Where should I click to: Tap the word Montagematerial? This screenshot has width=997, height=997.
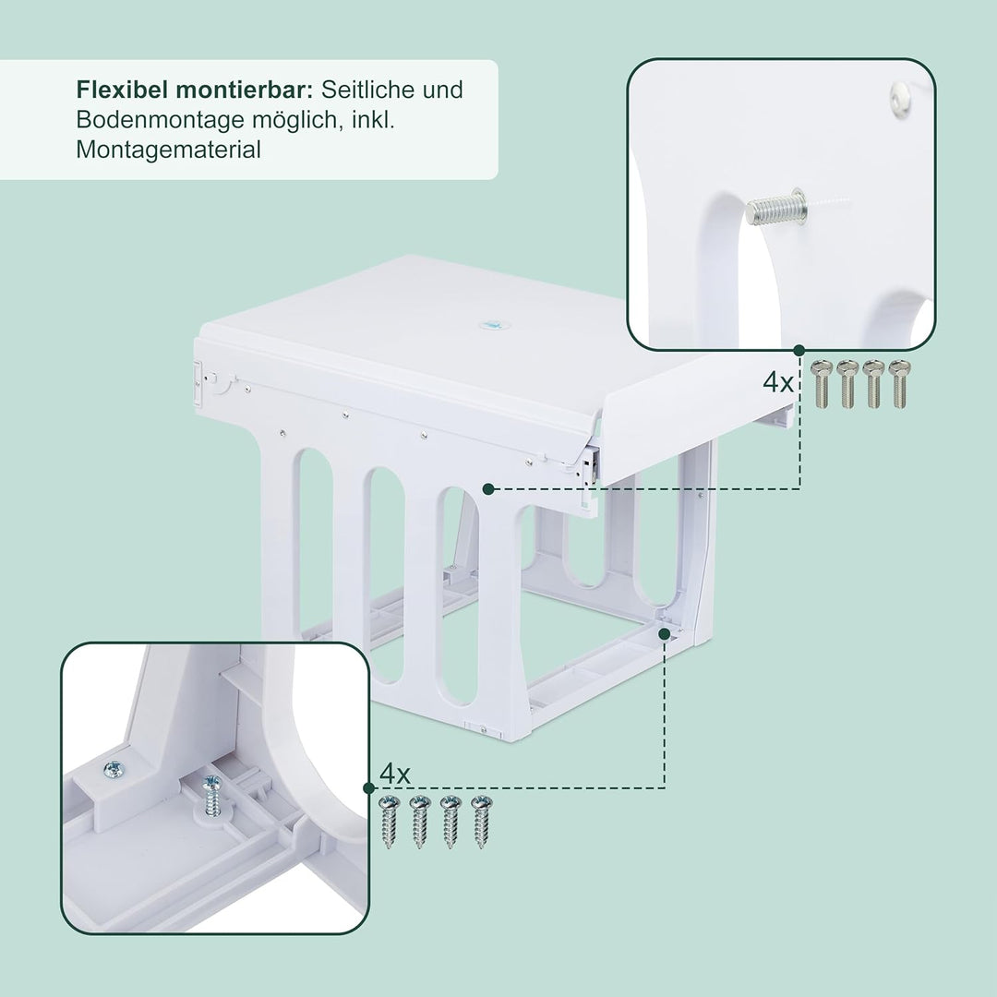tap(168, 150)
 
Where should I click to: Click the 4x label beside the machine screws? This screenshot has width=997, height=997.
tap(778, 382)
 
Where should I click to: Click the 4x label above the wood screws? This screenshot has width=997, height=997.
tap(394, 774)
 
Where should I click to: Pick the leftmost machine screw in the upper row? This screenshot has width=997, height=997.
tap(822, 383)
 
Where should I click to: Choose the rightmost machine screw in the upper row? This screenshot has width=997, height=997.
tap(899, 383)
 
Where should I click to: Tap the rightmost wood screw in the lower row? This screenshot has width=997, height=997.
tap(479, 821)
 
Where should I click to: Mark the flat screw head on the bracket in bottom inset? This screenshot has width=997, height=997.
tap(114, 768)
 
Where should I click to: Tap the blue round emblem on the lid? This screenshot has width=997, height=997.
tap(490, 324)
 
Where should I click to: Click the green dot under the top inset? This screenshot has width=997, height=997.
tap(799, 350)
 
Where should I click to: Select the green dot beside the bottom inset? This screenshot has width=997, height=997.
tap(369, 787)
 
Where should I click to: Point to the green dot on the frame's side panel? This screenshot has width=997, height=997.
tap(487, 487)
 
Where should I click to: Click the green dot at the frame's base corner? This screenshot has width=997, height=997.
tap(664, 633)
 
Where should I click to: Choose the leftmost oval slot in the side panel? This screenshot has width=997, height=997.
tap(315, 545)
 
